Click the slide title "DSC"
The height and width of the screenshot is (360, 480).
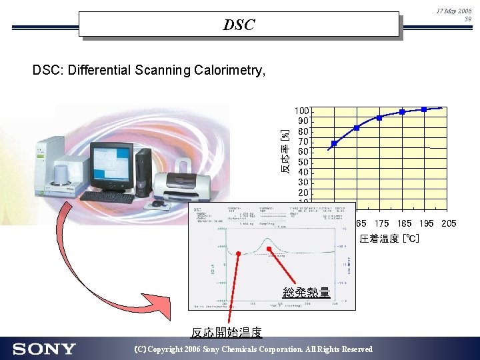[239, 25]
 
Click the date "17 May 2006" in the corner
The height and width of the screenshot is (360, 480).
[454, 12]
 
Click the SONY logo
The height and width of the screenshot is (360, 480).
[44, 349]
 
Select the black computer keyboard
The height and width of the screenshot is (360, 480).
[107, 197]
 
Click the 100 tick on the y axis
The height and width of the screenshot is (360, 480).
[302, 111]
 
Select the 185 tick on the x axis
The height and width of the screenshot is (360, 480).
[404, 223]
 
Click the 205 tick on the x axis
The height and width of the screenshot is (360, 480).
[448, 223]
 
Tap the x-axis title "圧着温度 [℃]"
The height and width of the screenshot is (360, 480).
[390, 239]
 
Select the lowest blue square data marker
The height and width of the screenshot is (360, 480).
[334, 143]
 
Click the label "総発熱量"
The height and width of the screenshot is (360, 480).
[306, 292]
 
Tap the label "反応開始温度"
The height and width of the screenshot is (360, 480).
[227, 332]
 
